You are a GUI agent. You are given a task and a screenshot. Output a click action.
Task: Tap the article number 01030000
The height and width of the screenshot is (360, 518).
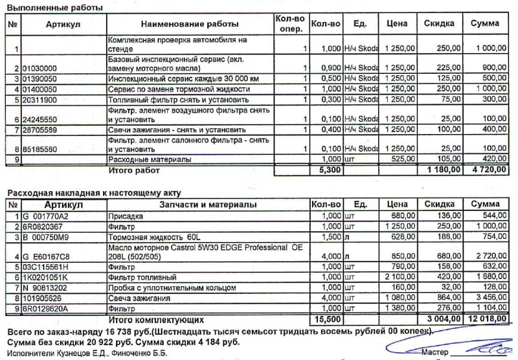coord(40,68)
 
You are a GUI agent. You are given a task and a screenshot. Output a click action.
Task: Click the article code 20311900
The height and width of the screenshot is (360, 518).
coord(40,100)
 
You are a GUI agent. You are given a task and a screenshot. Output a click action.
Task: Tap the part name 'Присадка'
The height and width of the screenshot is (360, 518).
coord(126,215)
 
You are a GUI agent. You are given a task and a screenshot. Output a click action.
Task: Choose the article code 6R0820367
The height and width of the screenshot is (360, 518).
coord(43,225)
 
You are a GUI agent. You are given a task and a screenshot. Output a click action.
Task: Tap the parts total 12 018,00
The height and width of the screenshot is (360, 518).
coord(484,319)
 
